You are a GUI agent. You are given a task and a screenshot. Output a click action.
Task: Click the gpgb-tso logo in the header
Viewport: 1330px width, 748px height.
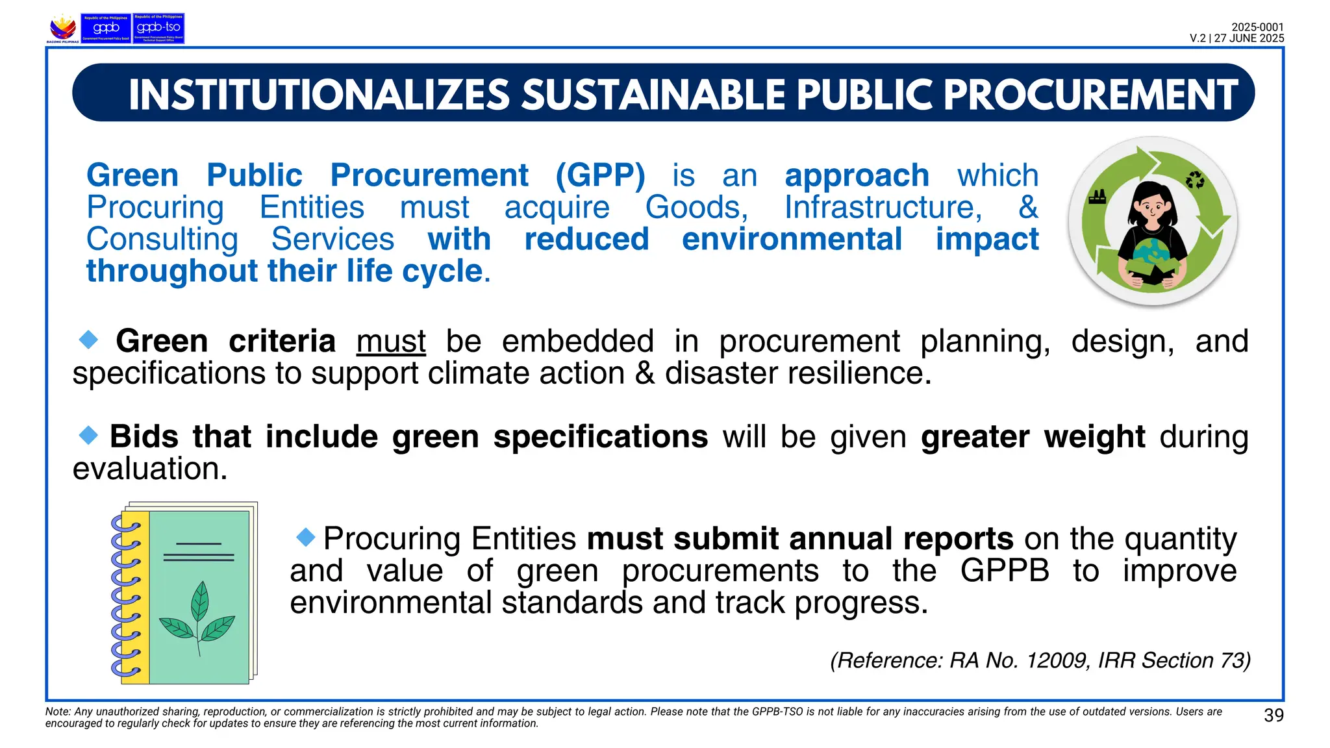[158, 29]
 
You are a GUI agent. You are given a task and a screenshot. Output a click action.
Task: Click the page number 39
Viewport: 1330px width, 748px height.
[1274, 716]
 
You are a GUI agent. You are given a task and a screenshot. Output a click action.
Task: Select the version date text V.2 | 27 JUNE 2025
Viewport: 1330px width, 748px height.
[1236, 38]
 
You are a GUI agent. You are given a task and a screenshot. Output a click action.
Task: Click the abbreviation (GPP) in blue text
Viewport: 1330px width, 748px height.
[600, 175]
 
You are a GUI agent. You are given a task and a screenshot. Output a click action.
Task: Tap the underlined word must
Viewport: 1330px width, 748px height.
[391, 342]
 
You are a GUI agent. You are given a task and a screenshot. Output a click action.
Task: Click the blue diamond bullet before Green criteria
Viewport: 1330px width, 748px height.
[88, 339]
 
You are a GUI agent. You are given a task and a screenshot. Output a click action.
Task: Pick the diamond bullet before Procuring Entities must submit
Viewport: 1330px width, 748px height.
[305, 536]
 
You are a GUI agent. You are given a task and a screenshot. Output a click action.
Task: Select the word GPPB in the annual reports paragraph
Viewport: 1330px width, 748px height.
[1004, 571]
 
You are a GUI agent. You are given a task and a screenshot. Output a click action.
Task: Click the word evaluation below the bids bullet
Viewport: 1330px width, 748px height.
[150, 469]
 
